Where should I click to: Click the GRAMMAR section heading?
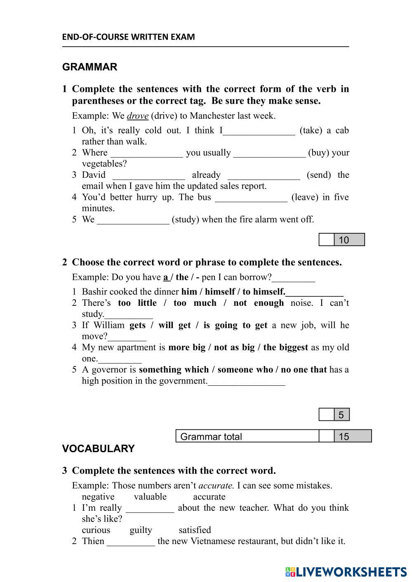[89, 67]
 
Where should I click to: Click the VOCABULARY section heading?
[98, 448]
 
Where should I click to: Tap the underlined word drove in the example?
[137, 116]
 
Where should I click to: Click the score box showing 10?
[349, 240]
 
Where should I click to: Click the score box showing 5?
[341, 415]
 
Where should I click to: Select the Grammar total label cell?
[247, 436]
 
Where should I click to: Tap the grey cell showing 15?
[353, 436]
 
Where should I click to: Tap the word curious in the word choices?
[96, 530]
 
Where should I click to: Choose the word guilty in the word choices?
[141, 530]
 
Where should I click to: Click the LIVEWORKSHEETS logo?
[346, 572]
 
